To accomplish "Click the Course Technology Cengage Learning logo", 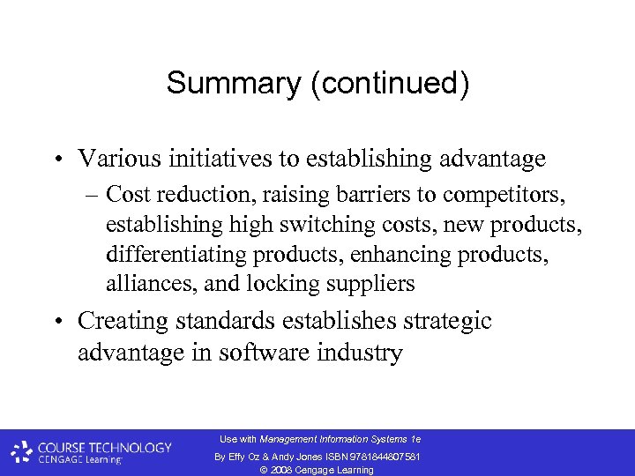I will [x=91, y=452].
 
